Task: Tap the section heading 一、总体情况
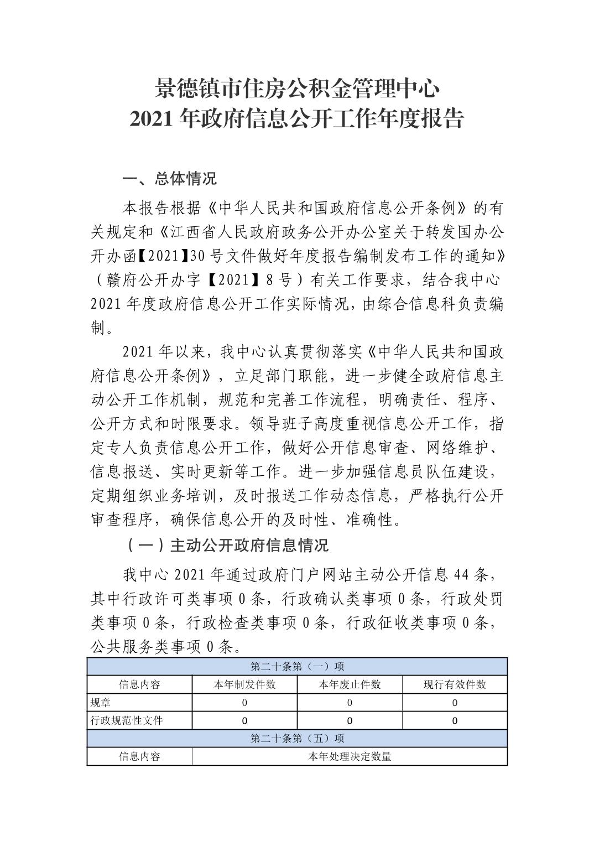click(x=170, y=179)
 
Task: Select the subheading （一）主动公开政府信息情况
click(x=227, y=546)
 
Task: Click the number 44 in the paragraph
click(x=461, y=575)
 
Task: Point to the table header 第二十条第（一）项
click(x=297, y=666)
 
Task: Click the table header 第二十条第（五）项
click(x=297, y=738)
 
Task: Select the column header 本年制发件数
click(x=244, y=684)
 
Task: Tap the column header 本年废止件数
click(x=350, y=684)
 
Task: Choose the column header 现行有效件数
click(x=455, y=684)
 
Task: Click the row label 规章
click(x=101, y=703)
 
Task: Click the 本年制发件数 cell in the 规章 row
click(x=244, y=703)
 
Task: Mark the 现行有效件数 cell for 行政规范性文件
click(x=455, y=720)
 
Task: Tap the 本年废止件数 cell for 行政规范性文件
click(x=350, y=720)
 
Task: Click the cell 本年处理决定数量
click(x=350, y=756)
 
